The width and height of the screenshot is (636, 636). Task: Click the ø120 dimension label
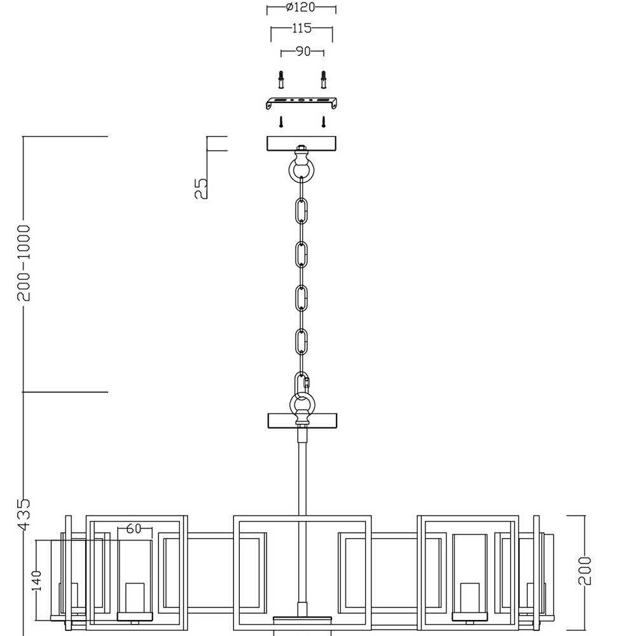300,7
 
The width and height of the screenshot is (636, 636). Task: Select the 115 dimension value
301,28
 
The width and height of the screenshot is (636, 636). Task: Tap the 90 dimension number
303,52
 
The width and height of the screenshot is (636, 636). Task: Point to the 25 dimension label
201,189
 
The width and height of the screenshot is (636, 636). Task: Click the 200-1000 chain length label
24,263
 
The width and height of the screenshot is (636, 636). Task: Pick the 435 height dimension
24,515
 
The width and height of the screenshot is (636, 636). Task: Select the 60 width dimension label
134,528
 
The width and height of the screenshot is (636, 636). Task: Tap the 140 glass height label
36,581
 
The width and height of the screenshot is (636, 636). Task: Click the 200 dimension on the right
584,570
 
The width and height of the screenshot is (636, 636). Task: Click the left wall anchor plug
280,79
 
